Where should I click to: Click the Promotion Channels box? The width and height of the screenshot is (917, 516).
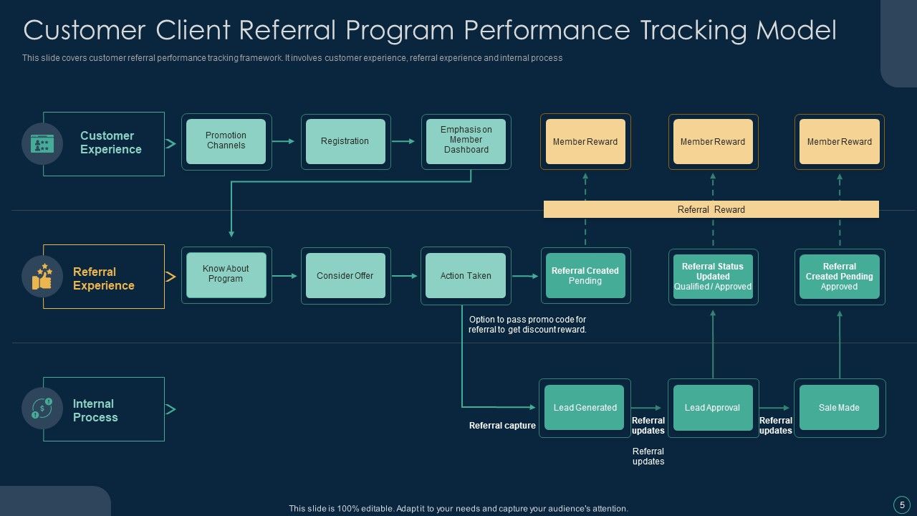point(226,141)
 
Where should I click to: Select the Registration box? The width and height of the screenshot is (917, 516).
point(345,141)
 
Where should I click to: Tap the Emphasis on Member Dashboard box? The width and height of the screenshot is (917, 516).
point(466,141)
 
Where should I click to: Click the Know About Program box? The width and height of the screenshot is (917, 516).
point(226,275)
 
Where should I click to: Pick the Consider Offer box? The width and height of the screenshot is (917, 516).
point(345,275)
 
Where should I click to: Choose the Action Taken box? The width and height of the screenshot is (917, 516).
point(466,275)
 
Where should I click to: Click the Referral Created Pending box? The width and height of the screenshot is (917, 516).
point(585,276)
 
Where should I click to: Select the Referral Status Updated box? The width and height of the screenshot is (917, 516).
point(713,277)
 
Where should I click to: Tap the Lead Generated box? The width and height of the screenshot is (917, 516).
point(585,408)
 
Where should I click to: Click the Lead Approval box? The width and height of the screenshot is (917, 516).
point(713,408)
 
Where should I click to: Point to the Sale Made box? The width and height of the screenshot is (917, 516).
point(839,408)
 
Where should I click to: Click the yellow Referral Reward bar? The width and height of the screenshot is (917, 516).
point(711,209)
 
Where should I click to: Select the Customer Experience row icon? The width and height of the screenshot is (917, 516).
point(42,144)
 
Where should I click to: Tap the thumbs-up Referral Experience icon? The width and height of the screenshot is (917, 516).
point(42,277)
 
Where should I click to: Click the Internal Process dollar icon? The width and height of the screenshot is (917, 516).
point(42,408)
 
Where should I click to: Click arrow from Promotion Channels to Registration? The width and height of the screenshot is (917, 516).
point(284,141)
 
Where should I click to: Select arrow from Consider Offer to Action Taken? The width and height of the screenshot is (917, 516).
point(404,276)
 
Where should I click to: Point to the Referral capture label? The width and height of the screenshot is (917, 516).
point(502,426)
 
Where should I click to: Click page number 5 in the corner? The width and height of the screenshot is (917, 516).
point(902,505)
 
